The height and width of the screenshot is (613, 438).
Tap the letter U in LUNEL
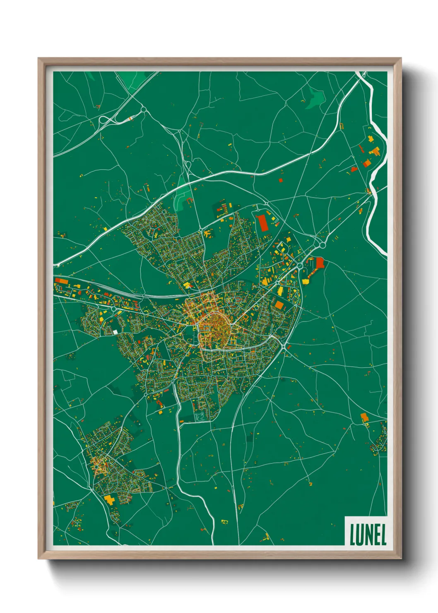click(359, 535)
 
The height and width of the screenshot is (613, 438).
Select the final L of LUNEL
click(383, 535)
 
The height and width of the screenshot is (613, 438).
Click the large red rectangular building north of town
click(262, 223)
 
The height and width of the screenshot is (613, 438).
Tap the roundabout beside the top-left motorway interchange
click(143, 109)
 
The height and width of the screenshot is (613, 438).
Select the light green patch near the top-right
click(315, 99)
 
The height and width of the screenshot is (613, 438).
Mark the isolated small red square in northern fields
click(280, 180)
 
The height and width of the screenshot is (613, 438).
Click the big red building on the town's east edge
click(320, 263)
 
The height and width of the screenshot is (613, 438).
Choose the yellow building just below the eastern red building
click(306, 282)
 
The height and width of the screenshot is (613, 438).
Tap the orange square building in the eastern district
click(279, 305)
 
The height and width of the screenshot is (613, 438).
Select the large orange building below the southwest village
click(109, 499)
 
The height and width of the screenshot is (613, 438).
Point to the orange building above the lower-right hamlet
click(364, 417)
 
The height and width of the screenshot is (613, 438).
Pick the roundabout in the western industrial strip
click(113, 309)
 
